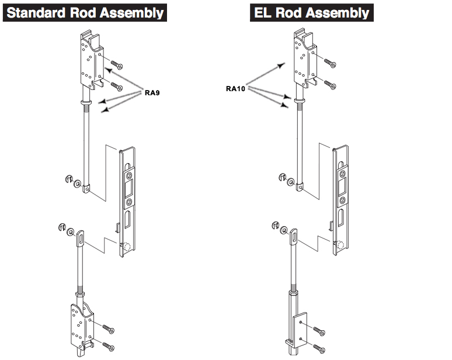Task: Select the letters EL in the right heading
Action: pos(263,12)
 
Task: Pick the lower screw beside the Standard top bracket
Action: pos(116,87)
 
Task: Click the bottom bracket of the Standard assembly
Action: pos(81,328)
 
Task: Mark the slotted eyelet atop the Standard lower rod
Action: pos(80,237)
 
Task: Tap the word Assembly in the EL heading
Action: pos(341,12)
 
